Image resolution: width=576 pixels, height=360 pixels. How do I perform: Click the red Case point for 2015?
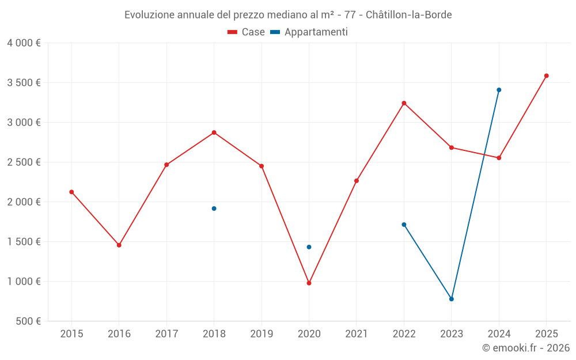click(x=71, y=192)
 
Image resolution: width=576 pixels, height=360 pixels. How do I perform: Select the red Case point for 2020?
click(x=309, y=283)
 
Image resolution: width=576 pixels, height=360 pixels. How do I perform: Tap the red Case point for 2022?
click(x=404, y=103)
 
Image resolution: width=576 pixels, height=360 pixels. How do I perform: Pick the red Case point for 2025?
click(x=547, y=75)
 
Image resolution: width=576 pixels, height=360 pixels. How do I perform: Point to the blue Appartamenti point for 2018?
click(x=214, y=209)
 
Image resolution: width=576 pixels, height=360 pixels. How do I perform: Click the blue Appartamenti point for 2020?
click(x=309, y=247)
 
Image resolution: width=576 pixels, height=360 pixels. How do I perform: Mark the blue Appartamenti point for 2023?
click(x=452, y=299)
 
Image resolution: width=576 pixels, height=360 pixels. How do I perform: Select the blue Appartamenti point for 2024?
click(x=499, y=90)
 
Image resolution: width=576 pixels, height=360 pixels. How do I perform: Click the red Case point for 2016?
click(x=119, y=245)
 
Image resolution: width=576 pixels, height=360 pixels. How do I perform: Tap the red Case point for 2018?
click(x=214, y=132)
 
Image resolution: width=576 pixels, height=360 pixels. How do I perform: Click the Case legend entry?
click(x=247, y=32)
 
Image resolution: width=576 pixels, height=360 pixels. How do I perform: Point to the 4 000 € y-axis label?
click(x=24, y=43)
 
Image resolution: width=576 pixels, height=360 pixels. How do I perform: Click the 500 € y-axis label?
click(x=28, y=321)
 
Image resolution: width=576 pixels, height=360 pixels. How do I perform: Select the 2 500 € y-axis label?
click(x=24, y=162)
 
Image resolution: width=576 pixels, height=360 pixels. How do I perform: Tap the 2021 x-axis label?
click(x=357, y=334)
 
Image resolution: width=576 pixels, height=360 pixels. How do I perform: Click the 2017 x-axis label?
click(x=166, y=334)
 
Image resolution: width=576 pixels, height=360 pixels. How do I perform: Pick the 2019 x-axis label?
click(x=262, y=334)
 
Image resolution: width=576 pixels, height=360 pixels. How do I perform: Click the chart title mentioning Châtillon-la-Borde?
click(x=288, y=14)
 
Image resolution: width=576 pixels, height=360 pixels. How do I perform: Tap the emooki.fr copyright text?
click(x=525, y=348)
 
